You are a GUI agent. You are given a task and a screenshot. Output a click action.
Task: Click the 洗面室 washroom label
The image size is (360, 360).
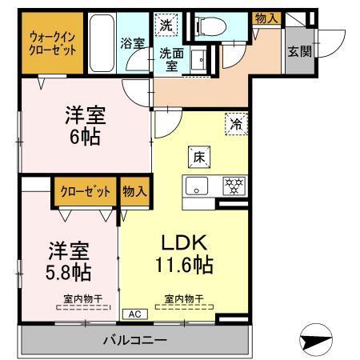(x=170, y=60)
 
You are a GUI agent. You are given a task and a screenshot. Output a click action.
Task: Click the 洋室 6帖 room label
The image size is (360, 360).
(x=83, y=126)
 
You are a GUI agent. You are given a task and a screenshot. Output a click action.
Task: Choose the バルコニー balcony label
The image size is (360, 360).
(x=134, y=339)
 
